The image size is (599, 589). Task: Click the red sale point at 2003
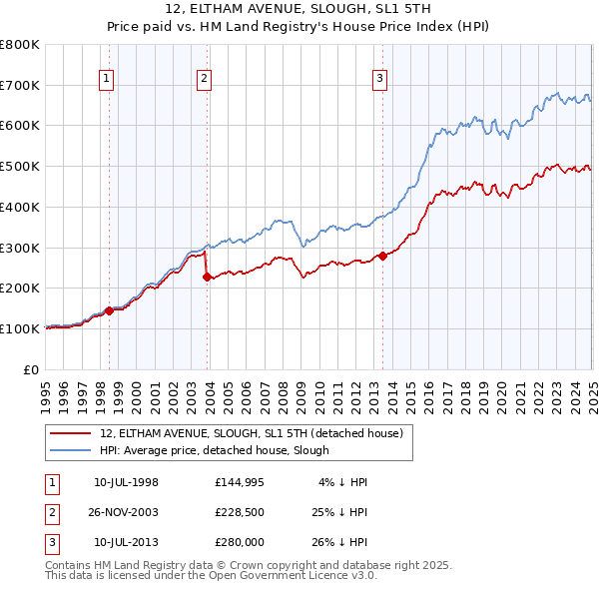[207, 278]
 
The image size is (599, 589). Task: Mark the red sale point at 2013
[382, 257]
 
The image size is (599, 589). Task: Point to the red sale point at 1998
[109, 310]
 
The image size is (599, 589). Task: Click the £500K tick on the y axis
[20, 166]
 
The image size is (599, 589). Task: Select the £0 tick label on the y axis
[32, 369]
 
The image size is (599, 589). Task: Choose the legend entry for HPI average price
[214, 450]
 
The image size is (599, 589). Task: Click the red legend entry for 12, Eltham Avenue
[250, 433]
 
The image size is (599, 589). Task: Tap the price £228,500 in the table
[239, 512]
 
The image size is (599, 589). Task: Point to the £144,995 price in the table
[239, 482]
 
